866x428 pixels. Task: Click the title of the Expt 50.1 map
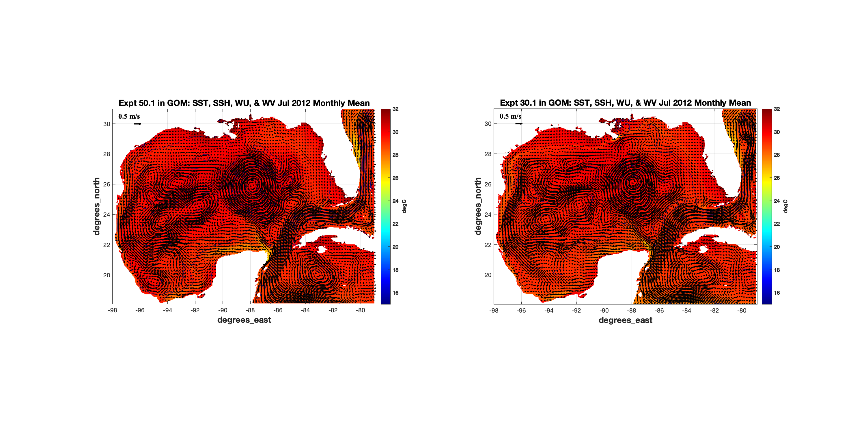click(244, 103)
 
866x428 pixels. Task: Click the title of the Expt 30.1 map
click(625, 103)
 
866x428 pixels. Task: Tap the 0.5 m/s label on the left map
click(129, 116)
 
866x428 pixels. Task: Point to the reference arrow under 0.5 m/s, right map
click(519, 124)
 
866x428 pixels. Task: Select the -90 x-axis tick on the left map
click(223, 310)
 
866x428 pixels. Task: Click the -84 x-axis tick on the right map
click(686, 310)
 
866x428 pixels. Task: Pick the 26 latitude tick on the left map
click(107, 184)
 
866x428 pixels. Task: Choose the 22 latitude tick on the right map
click(488, 245)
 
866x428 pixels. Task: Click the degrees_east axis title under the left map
click(244, 320)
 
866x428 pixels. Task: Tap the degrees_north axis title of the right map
click(478, 206)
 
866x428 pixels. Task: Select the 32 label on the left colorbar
click(395, 109)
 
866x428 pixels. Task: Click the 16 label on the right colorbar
click(777, 293)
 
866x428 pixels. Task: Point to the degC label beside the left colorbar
click(404, 206)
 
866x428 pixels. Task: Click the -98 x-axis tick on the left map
click(112, 310)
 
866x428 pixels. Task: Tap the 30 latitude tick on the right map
click(488, 124)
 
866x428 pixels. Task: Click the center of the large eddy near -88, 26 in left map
click(251, 185)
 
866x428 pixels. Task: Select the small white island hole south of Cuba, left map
click(321, 249)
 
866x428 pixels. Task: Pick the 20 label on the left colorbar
click(395, 247)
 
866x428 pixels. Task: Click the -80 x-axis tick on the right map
click(742, 310)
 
